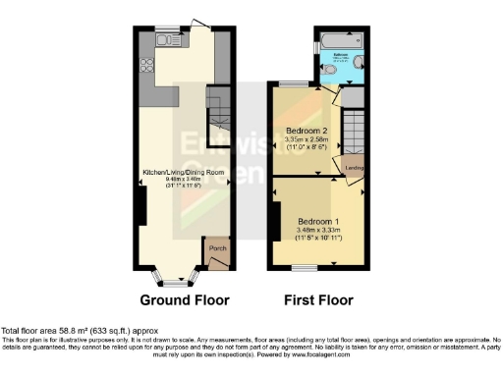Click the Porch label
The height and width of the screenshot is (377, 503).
218,260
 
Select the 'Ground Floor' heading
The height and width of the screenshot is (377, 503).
185,299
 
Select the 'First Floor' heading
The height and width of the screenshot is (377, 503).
319,299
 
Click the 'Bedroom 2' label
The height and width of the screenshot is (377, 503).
306,131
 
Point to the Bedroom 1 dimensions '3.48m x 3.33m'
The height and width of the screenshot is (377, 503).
318,229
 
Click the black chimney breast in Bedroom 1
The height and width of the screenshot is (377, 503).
276,220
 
